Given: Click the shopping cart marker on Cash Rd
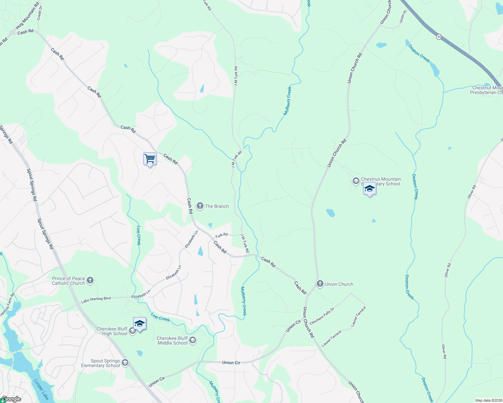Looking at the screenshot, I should tap(150, 159).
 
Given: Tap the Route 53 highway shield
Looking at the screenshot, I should tap(439, 37).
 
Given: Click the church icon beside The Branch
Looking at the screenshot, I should tap(200, 206).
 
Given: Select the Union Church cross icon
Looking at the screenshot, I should tap(320, 284).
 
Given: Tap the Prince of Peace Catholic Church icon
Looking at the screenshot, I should tap(90, 280).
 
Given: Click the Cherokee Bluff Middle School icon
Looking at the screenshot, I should tap(193, 341).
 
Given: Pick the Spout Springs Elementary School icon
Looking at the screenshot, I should tap(125, 363).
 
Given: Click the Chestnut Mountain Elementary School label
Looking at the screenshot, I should tap(381, 181).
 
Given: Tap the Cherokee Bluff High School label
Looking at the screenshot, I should tap(112, 331).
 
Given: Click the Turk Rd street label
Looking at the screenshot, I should tap(221, 235).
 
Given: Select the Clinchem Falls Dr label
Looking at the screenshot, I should tap(322, 316).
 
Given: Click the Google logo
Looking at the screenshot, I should tap(11, 399).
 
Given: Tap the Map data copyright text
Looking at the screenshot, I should tap(488, 400).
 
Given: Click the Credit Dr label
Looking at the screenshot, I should tap(40, 13).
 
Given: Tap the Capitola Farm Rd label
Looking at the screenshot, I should tap(7, 305).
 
